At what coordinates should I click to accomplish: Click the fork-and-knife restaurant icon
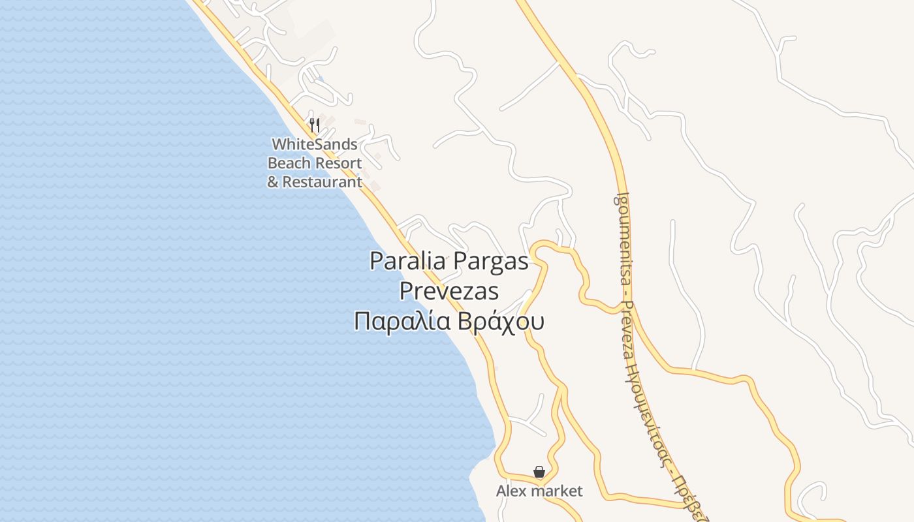coord(315,124)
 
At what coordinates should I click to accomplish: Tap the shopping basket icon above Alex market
coord(539,471)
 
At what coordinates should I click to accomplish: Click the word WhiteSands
coord(314,144)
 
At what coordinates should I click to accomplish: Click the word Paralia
coord(408,261)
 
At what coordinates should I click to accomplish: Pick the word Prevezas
coord(449,291)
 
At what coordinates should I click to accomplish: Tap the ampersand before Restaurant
coord(273,181)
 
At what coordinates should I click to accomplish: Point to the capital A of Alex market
coord(501,491)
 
